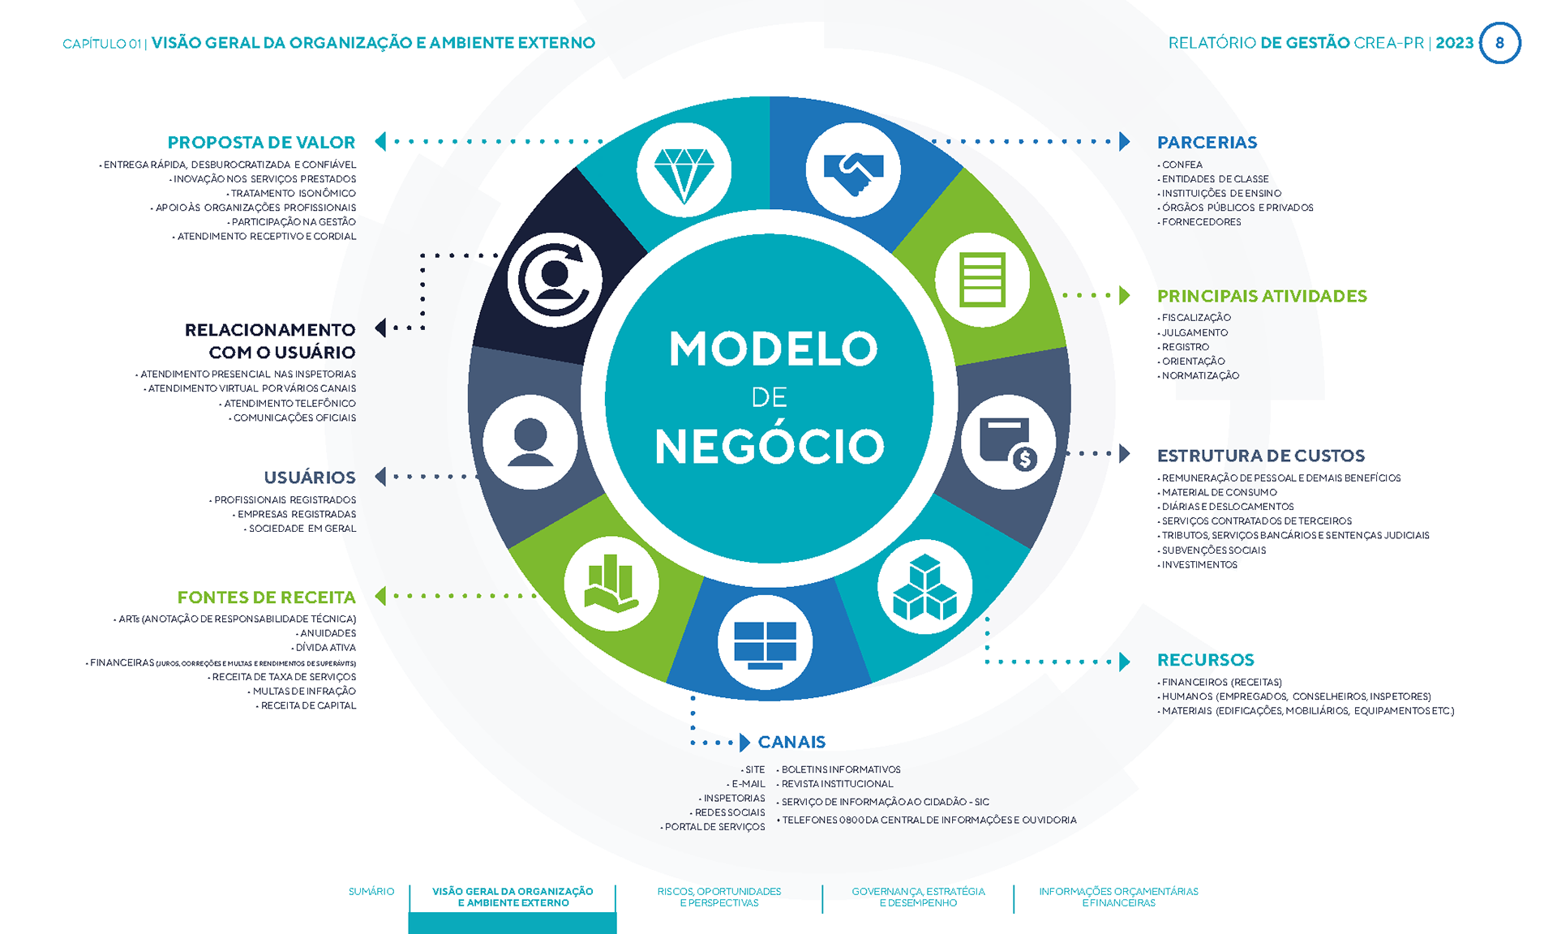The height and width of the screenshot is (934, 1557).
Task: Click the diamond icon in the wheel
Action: [x=684, y=170]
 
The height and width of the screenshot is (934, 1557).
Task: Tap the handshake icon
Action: [x=852, y=170]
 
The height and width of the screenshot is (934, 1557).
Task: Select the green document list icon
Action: [x=982, y=280]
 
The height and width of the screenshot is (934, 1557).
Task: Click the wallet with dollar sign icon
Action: [x=1008, y=442]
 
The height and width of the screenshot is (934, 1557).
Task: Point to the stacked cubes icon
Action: [x=924, y=586]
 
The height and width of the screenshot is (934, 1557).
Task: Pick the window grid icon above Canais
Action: [x=765, y=643]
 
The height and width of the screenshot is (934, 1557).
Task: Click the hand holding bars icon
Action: [x=611, y=584]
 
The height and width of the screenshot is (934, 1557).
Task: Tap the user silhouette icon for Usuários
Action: [x=530, y=442]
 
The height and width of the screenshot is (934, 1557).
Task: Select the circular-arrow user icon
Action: [x=555, y=280]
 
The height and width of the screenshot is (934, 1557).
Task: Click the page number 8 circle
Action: [x=1499, y=43]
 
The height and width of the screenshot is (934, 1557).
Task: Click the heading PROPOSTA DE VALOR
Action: [x=261, y=143]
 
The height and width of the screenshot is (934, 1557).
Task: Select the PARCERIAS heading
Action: [x=1207, y=143]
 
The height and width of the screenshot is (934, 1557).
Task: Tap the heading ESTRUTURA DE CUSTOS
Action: [x=1260, y=456]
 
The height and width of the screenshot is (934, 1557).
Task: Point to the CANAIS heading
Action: [x=791, y=742]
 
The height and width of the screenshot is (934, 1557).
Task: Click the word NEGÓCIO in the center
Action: [x=769, y=447]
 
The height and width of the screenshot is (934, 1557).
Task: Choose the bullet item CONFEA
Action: [x=1182, y=165]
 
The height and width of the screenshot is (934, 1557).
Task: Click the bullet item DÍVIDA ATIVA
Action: [x=325, y=648]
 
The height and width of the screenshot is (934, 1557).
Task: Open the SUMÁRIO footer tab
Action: [x=371, y=892]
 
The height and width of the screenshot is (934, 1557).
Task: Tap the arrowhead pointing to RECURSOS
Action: [x=1124, y=662]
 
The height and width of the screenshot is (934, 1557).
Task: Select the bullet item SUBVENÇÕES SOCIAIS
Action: [x=1213, y=551]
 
